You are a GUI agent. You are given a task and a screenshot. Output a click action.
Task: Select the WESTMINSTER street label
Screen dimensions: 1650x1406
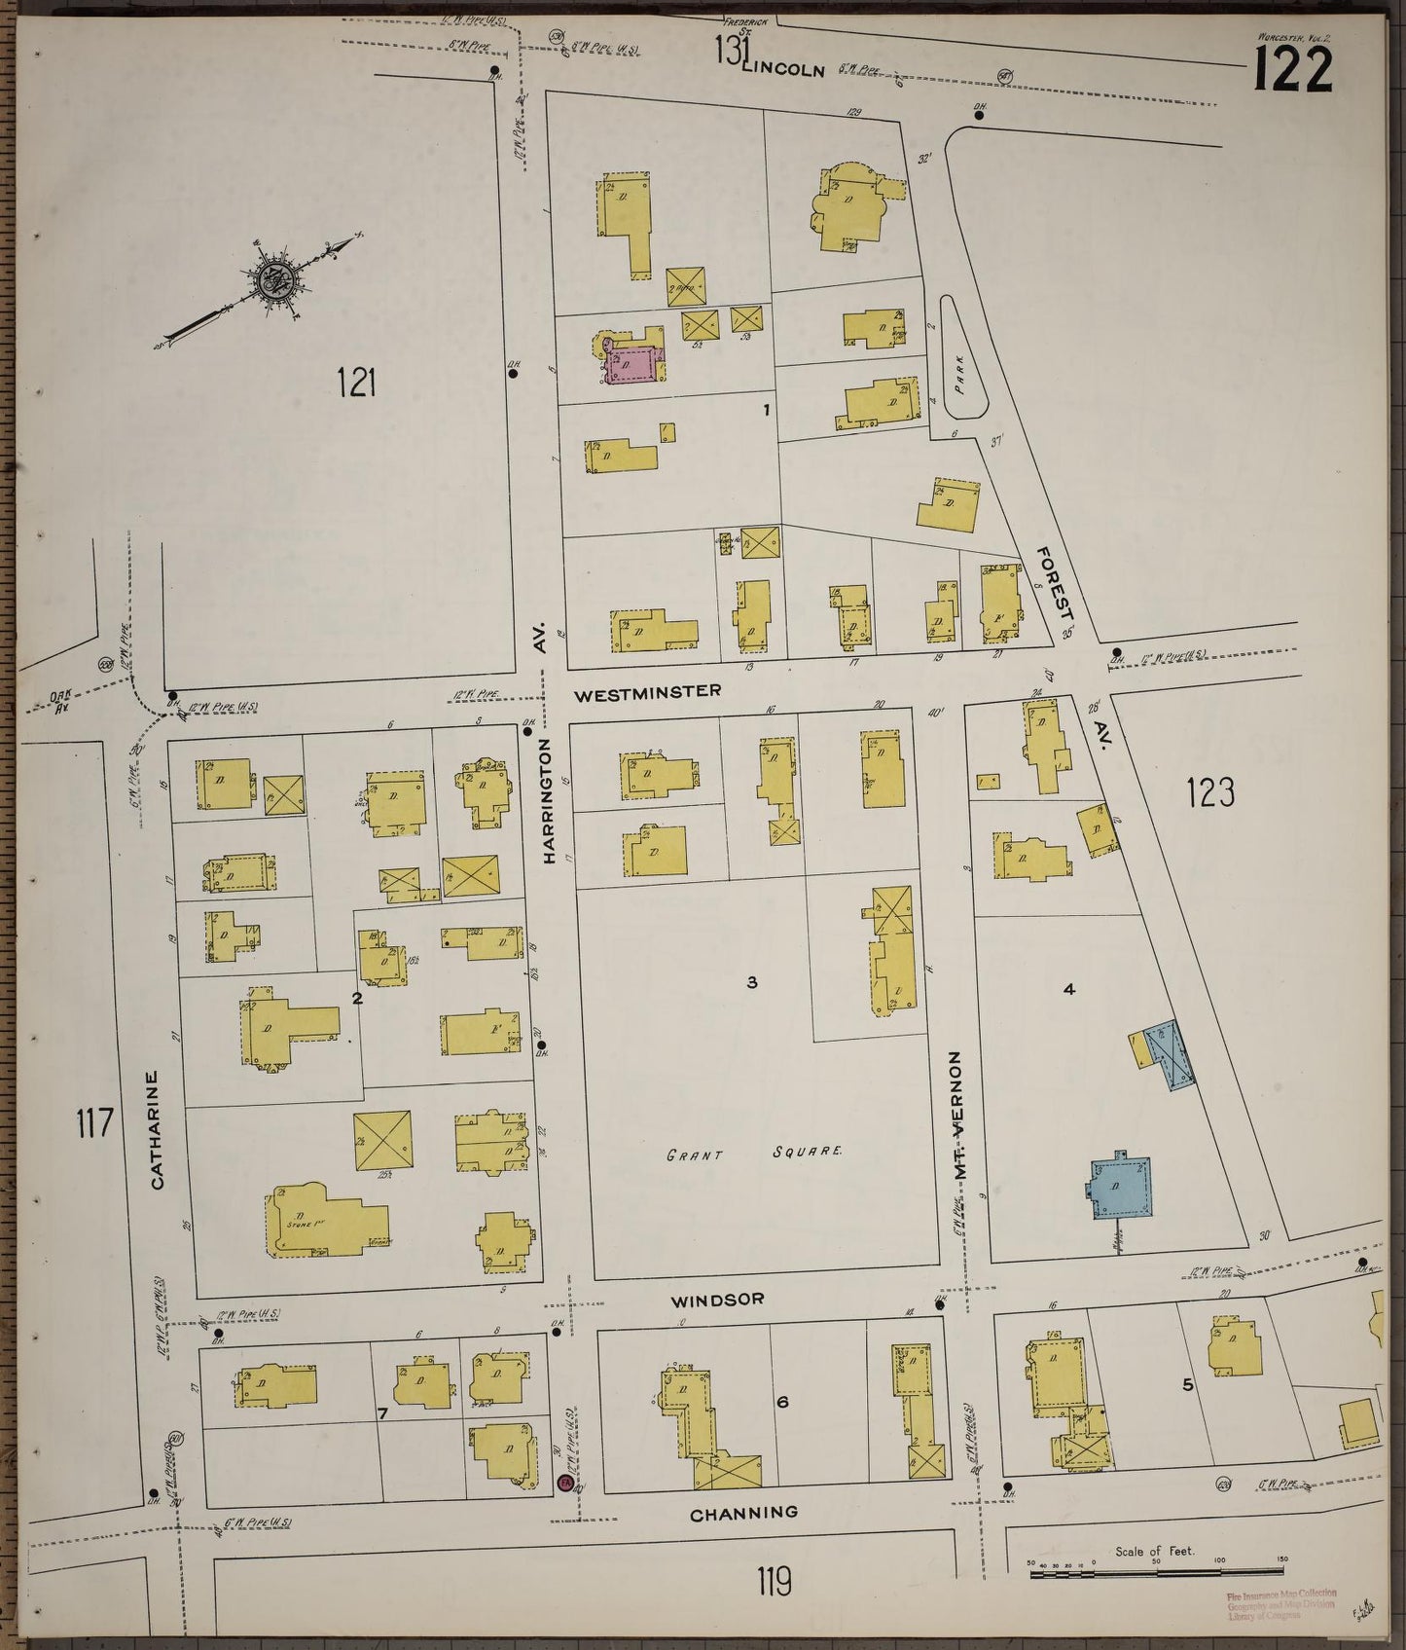[647, 692]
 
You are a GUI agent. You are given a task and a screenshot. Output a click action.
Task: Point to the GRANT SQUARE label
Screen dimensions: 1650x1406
[754, 1155]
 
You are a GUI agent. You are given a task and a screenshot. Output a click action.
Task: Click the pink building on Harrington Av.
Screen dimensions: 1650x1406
[634, 365]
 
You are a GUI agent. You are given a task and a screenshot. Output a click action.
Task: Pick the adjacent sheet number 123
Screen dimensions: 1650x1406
[1211, 793]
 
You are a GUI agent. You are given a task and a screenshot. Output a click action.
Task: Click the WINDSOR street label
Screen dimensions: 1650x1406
[717, 1299]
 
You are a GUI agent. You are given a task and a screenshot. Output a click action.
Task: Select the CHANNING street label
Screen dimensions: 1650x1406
[743, 1512]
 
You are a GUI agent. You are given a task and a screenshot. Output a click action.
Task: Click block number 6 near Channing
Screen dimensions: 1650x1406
[781, 1402]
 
